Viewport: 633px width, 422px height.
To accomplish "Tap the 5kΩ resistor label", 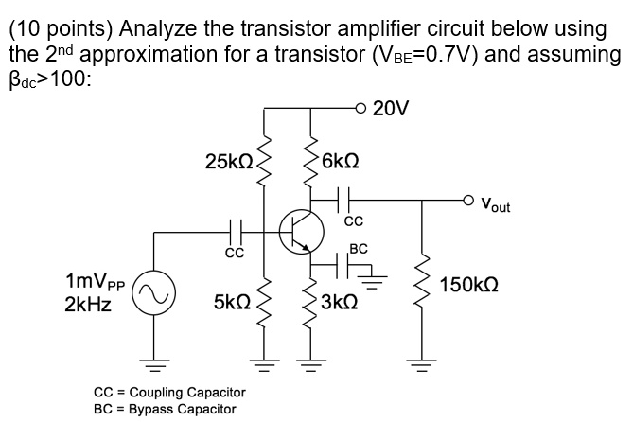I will (232, 304).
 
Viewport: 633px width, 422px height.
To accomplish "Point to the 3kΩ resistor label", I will (338, 304).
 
